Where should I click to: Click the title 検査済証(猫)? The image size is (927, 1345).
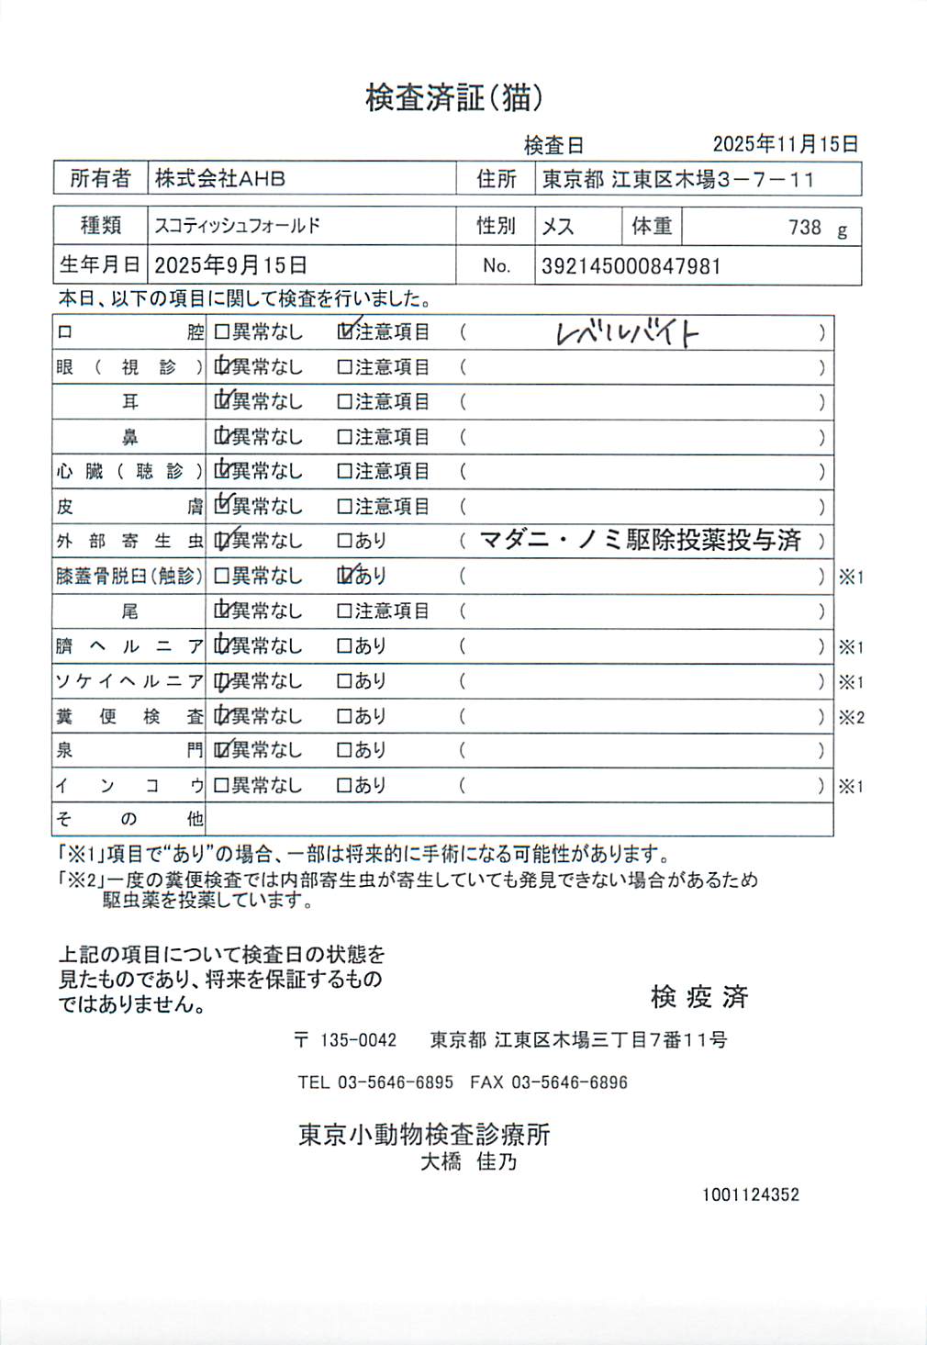(453, 97)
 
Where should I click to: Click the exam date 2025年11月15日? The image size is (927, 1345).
(786, 144)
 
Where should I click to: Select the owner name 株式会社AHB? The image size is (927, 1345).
(220, 178)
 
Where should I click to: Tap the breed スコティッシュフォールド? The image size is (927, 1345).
(237, 226)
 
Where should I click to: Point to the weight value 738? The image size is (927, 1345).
(804, 228)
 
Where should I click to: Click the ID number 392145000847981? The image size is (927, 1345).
(631, 266)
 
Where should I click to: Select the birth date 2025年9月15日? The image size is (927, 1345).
(230, 265)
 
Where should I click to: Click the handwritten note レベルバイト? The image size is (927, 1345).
(627, 332)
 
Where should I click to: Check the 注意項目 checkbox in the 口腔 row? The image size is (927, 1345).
(345, 331)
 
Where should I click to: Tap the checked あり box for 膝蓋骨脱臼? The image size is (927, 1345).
(345, 576)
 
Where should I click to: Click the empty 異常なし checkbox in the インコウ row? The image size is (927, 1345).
(221, 785)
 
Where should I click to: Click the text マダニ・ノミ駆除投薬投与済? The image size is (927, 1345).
(641, 540)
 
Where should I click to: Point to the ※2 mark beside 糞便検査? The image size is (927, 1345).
(851, 717)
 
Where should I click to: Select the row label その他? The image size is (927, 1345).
(128, 818)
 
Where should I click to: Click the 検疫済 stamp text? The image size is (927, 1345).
(699, 996)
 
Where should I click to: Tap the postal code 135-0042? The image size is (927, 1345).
(358, 1040)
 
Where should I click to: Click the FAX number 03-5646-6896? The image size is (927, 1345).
(569, 1082)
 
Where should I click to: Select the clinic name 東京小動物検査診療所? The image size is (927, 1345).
(424, 1135)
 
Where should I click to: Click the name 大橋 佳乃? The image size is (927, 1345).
(468, 1162)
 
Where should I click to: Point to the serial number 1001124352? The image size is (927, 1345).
(751, 1194)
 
